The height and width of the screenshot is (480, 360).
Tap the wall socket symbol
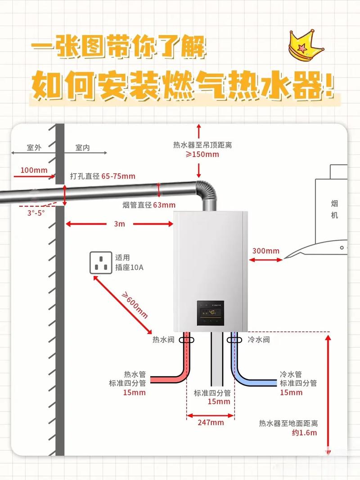pos(101,263)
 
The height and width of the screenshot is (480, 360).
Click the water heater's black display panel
pos(211,313)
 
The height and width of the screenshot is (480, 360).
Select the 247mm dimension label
pos(211,422)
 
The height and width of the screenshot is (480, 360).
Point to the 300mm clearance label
pos(265,251)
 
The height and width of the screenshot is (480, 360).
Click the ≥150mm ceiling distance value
pos(202,154)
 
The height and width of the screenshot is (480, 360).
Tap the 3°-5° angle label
pos(36,213)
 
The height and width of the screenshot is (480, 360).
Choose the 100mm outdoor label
pos(34,170)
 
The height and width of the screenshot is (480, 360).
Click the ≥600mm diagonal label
pos(135,305)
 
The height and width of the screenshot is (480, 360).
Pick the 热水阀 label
pos(163,340)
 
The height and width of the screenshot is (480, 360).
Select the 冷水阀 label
pos(259,340)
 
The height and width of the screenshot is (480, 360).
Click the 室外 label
pos(34,148)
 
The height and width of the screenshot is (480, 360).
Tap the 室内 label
pos(83,148)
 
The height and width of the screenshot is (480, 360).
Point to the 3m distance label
pos(119,224)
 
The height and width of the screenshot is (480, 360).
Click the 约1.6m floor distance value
pos(304,433)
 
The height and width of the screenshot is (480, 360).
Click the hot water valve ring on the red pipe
pos(186,340)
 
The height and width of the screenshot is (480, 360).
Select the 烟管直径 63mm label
pos(149,205)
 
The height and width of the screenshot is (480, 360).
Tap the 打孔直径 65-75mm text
pos(103,176)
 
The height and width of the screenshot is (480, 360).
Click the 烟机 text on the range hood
pos(334,209)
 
